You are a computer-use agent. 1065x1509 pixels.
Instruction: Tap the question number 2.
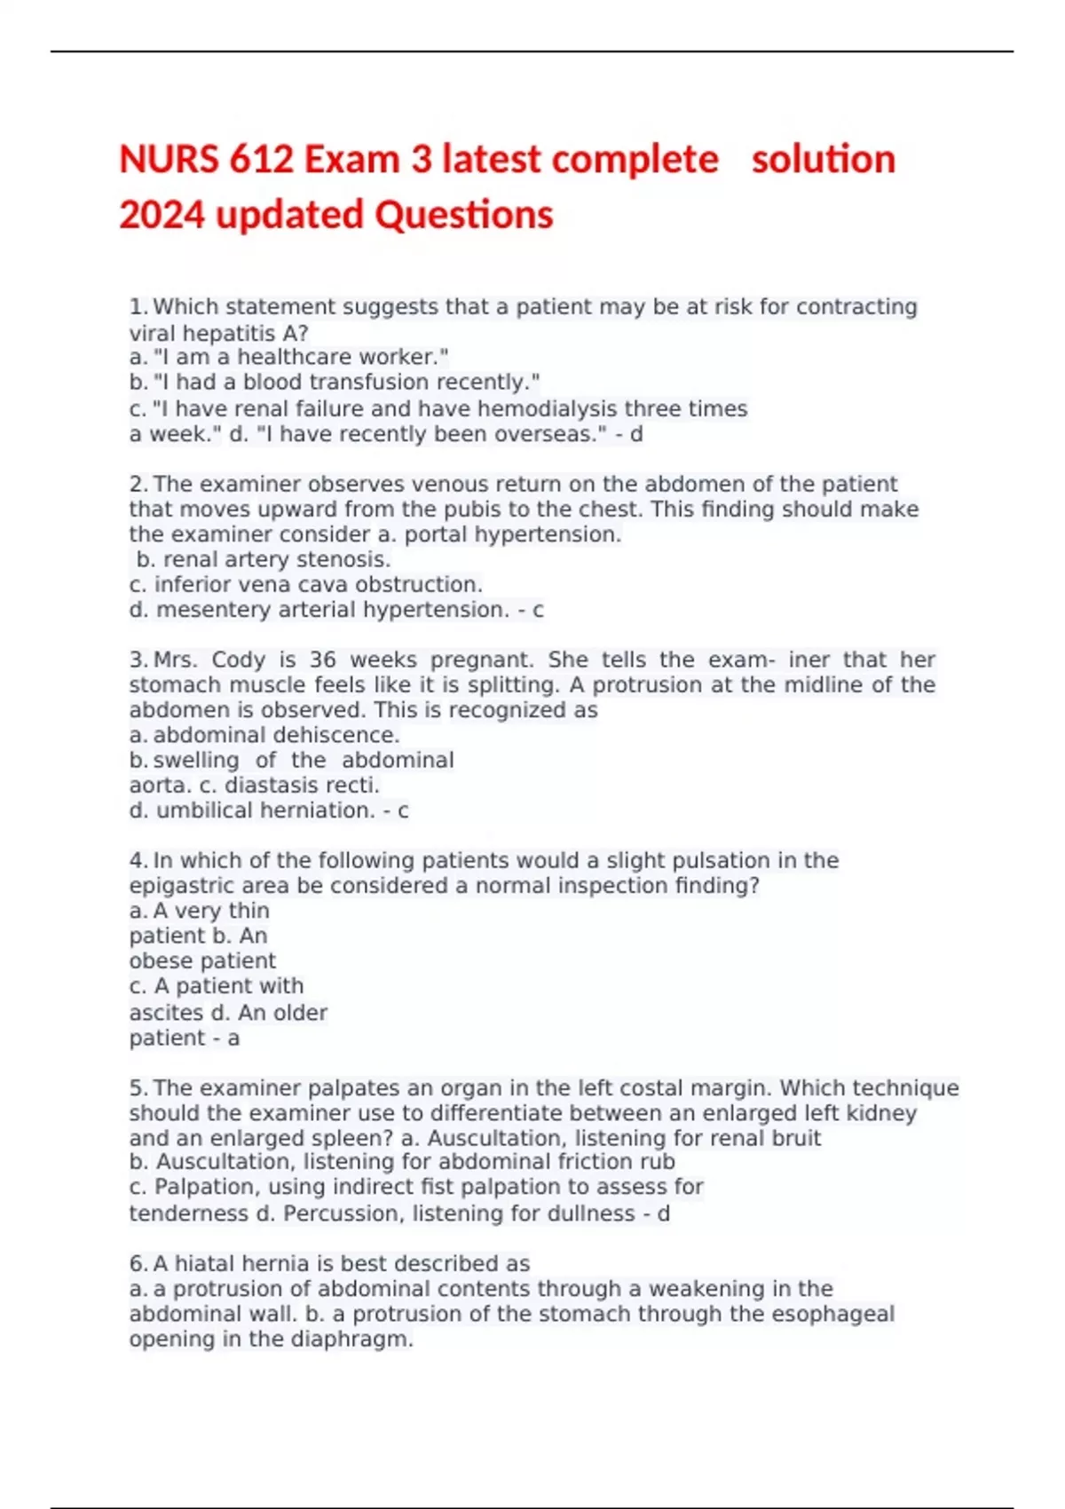[138, 484]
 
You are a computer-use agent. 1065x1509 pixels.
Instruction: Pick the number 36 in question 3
[323, 660]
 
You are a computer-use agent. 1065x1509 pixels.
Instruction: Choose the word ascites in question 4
[166, 1013]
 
